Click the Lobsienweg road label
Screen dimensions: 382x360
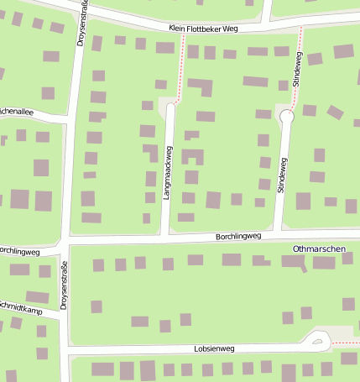(x=214, y=347)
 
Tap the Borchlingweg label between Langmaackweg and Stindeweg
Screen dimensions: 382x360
(x=238, y=237)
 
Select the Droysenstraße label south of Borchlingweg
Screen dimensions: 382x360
(x=65, y=286)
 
